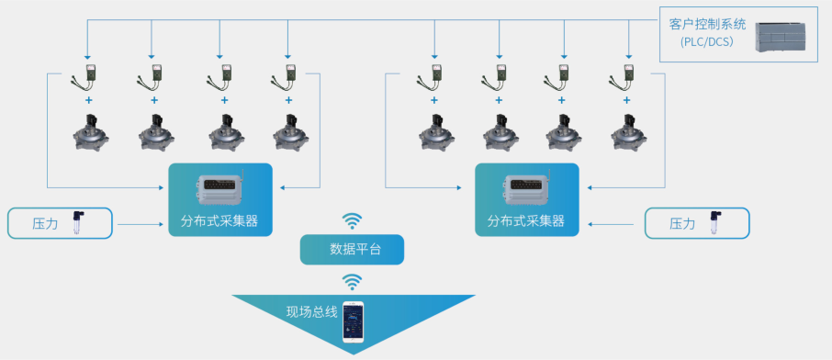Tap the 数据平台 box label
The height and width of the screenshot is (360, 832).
tap(353, 249)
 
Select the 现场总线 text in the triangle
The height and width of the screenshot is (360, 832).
tap(312, 312)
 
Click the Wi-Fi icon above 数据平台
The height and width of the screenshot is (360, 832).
tap(353, 220)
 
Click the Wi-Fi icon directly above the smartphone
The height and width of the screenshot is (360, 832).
tap(353, 280)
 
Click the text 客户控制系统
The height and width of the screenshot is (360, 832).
tap(708, 25)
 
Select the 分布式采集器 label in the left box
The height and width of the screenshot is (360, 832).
tap(219, 221)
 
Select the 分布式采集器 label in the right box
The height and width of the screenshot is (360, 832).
tap(526, 221)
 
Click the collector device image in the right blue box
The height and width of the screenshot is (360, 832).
tap(527, 188)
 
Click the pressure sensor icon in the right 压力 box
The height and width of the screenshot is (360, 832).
tap(714, 222)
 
